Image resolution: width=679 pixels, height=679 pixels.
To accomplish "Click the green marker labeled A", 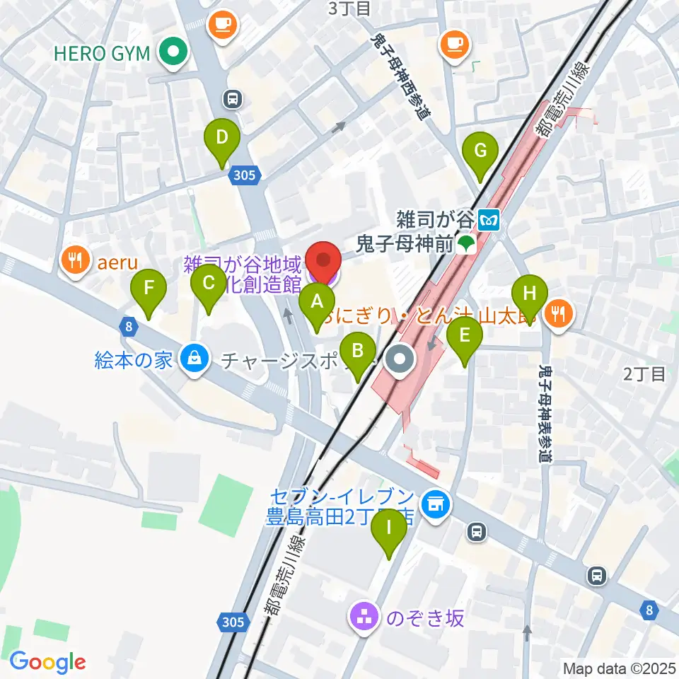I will [317, 303].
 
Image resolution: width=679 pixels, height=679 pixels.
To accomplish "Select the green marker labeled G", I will [480, 151].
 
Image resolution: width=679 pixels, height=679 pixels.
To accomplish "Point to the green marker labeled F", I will [149, 289].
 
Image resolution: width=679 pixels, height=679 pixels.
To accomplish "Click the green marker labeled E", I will [464, 335].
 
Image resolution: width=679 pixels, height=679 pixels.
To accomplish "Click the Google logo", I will [48, 662].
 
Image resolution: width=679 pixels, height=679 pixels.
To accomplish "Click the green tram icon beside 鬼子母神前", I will [465, 245].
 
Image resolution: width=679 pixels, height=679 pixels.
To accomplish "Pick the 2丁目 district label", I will [644, 374].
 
